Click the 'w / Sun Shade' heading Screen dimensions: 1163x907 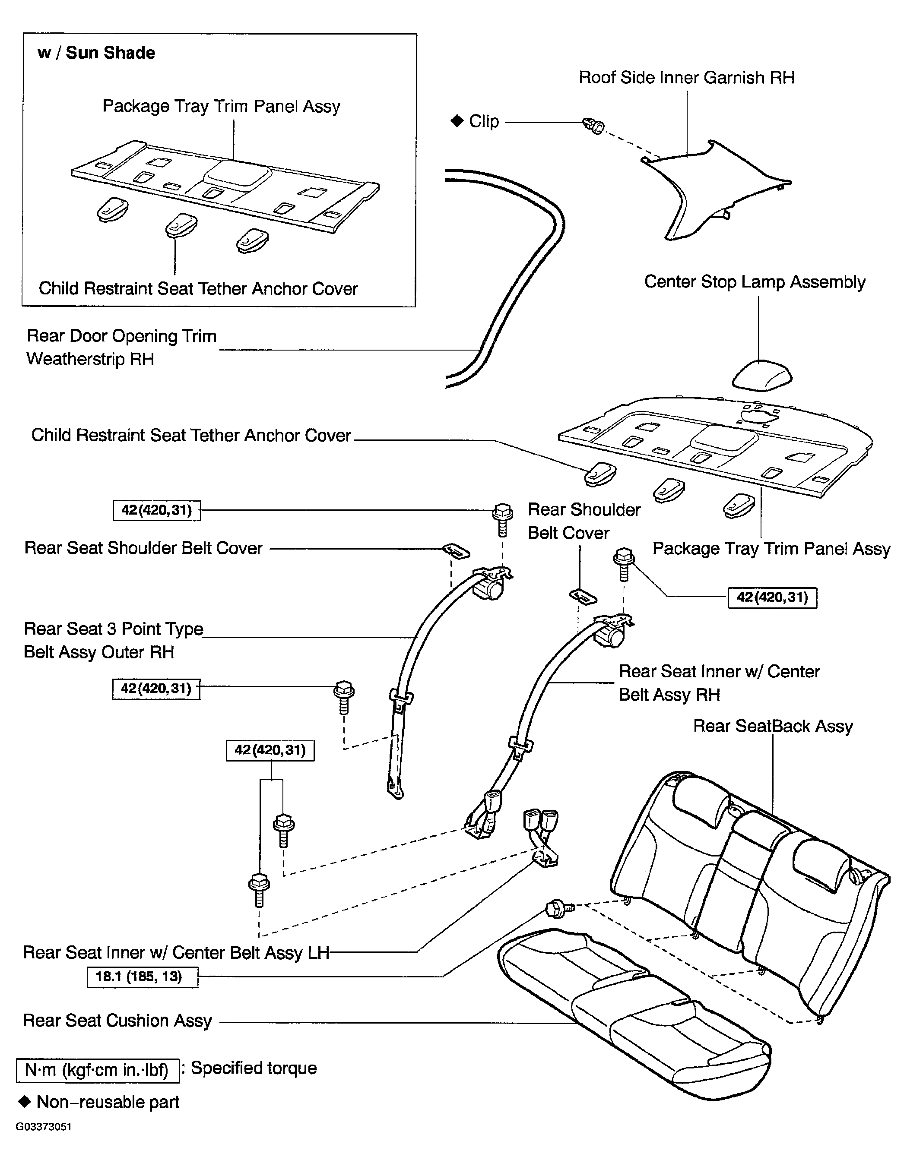pos(96,53)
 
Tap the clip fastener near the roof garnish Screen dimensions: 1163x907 pos(595,126)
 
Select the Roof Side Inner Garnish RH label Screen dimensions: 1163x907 pos(686,78)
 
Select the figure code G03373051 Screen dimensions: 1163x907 pos(44,1127)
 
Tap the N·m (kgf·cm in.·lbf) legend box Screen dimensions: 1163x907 pos(98,1070)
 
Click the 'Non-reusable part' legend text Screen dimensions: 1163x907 pos(108,1102)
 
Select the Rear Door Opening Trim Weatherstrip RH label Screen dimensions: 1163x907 pos(121,347)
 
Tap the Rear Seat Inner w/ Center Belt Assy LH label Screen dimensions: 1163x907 pos(176,952)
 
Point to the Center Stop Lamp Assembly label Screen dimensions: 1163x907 pos(755,282)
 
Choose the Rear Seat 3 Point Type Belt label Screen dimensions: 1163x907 pos(114,640)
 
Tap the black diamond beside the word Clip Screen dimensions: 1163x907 pos(457,121)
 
